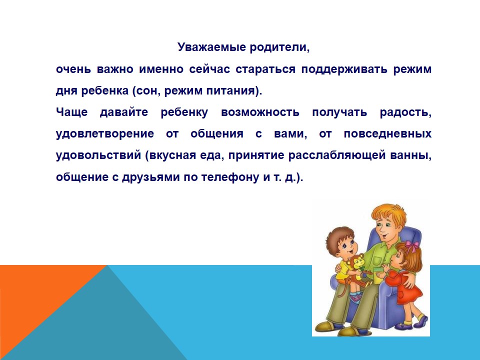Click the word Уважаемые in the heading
click(212, 47)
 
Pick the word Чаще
click(72, 112)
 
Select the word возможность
click(260, 112)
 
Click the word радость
click(405, 112)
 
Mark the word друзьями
click(151, 177)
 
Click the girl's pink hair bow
click(412, 245)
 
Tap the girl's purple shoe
click(421, 321)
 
